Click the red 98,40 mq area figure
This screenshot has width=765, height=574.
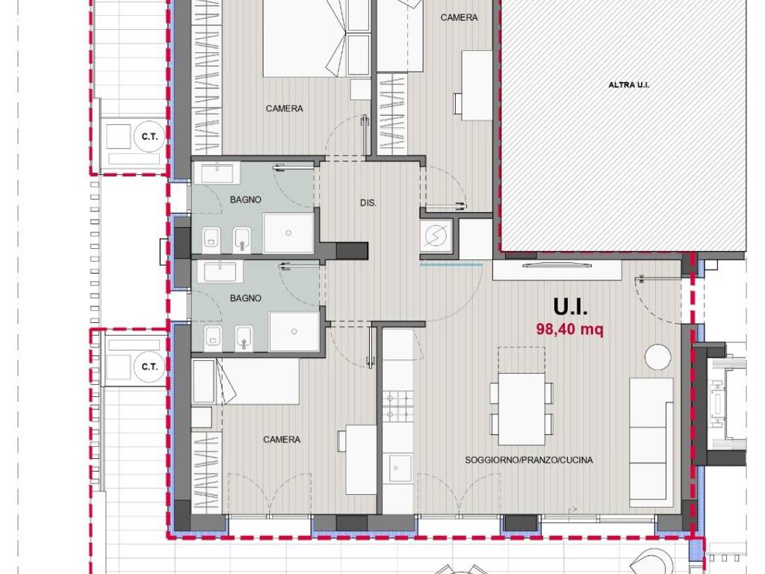569,330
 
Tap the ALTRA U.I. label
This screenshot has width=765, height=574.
628,85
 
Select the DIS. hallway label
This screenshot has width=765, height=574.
368,203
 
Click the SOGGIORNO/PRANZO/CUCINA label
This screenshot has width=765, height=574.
528,460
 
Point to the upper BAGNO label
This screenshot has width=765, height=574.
245,200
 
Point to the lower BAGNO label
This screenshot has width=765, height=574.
245,298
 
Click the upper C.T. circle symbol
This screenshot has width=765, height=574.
149,136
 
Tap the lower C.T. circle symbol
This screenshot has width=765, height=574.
149,366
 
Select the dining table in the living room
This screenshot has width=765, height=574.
521,409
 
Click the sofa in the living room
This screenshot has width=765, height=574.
651,442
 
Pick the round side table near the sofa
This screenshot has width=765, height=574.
657,357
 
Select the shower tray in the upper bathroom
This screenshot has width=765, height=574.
288,233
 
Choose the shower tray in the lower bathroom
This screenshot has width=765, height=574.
294,332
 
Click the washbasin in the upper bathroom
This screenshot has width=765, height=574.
220,173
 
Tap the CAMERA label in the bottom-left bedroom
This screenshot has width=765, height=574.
282,439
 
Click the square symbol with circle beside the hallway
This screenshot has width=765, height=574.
436,235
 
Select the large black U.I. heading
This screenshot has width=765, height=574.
570,307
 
